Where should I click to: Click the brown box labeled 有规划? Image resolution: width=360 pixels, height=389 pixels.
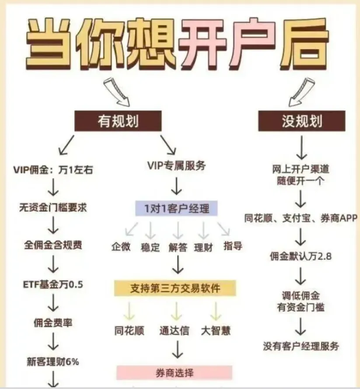[x=118, y=121]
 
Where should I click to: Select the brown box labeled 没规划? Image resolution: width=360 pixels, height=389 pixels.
[x=302, y=121]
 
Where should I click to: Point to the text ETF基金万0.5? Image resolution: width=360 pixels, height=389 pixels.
[x=53, y=285]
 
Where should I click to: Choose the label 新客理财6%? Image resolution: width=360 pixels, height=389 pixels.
[x=53, y=361]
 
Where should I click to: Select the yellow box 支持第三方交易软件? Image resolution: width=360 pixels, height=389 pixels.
[x=175, y=288]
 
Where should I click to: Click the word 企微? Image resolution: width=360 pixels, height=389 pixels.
[x=121, y=247]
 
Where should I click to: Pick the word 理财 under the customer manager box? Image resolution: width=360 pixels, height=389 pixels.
[x=203, y=247]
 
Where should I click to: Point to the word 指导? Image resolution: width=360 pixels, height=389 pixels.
[x=232, y=245]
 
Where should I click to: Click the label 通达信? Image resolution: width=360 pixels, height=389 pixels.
[x=174, y=330]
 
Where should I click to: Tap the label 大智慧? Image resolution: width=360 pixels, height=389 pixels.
[x=216, y=330]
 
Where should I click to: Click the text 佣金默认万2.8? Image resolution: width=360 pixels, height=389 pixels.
[x=301, y=256]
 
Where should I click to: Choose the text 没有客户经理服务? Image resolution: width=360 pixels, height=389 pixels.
[x=301, y=346]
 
